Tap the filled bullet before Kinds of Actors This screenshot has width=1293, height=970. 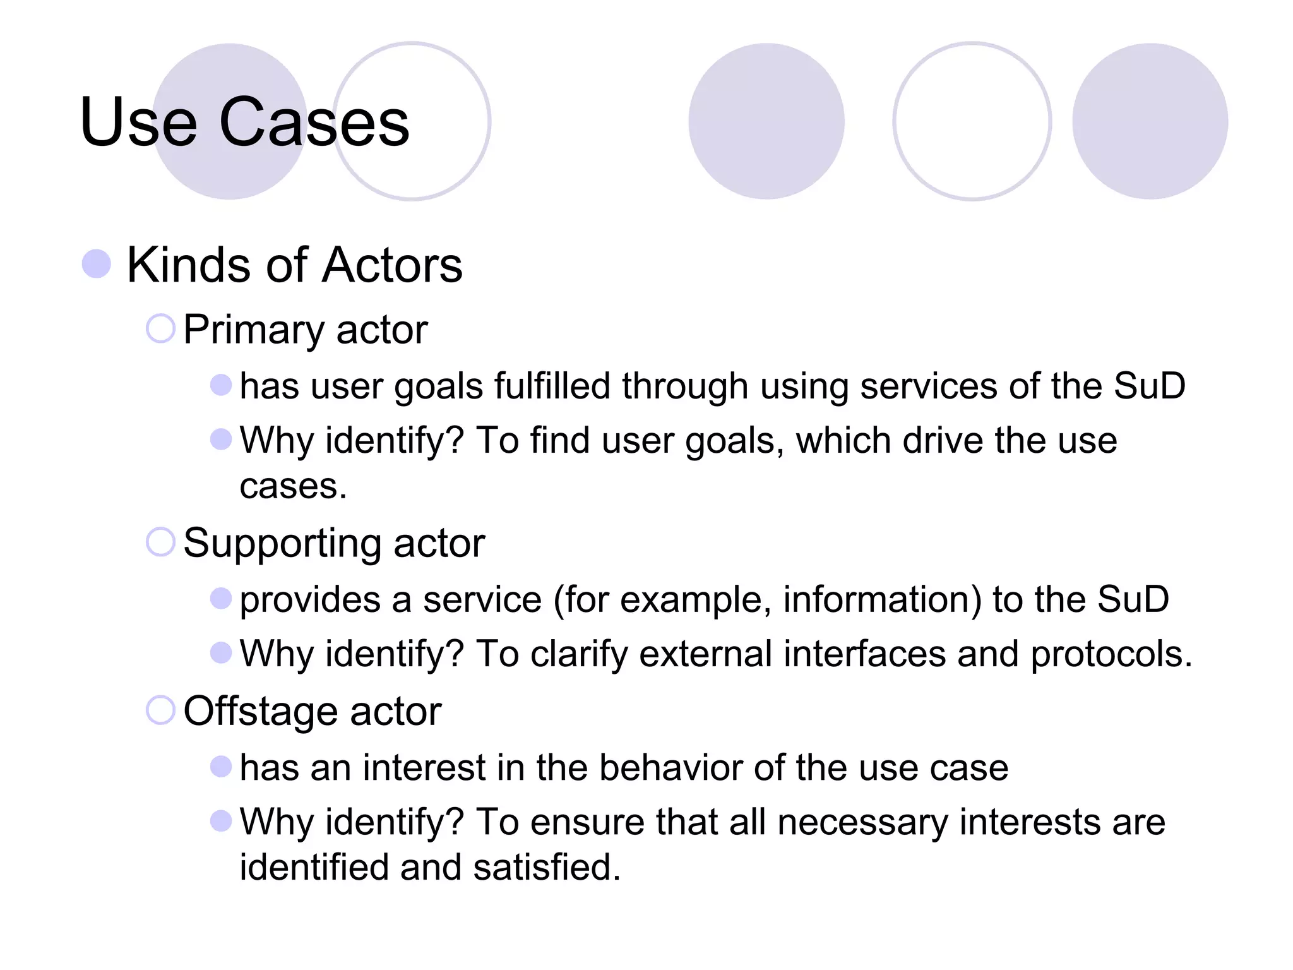[97, 263]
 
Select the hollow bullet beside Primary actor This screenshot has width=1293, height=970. [160, 328]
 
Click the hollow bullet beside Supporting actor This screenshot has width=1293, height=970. [160, 542]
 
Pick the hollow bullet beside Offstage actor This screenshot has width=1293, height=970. [160, 710]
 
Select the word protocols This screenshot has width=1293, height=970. [1111, 654]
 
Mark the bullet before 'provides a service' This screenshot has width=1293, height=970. [220, 598]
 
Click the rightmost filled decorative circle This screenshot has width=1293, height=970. [1150, 121]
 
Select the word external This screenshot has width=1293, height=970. [705, 654]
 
